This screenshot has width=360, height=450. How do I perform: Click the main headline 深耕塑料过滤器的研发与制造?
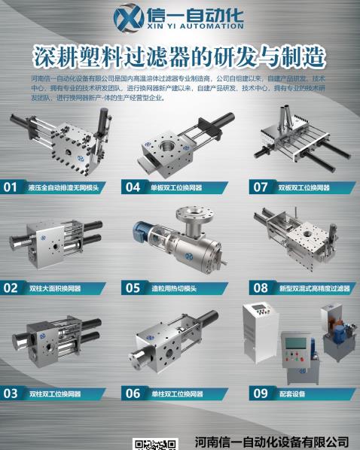click(180, 56)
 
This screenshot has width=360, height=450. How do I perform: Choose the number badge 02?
click(11, 287)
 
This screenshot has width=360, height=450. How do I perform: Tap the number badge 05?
click(133, 287)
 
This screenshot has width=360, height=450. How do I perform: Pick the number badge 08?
click(261, 287)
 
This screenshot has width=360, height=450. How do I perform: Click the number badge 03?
click(11, 393)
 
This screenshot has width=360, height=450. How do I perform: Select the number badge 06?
click(133, 393)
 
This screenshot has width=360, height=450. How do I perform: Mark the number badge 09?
click(261, 393)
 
